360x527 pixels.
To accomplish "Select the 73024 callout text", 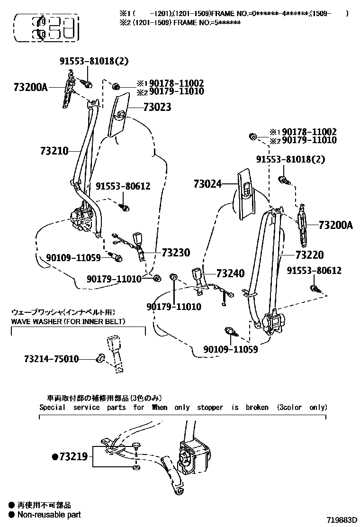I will (x=207, y=184).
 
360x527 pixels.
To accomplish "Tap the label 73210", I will (x=54, y=151).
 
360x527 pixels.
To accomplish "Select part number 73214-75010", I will (x=51, y=359).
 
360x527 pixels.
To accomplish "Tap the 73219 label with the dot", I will (x=70, y=457).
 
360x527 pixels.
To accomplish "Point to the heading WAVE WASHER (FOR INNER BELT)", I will (x=68, y=322).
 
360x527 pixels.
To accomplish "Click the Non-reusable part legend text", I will (x=49, y=515).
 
